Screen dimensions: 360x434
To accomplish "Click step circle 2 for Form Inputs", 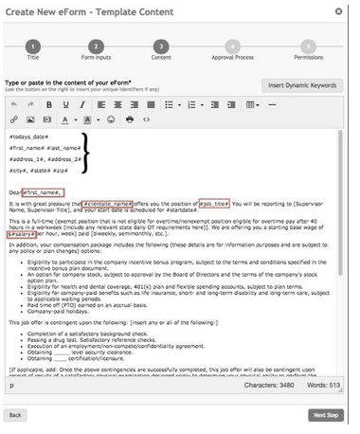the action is (95, 48).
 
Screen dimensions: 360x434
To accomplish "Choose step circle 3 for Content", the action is (160, 48).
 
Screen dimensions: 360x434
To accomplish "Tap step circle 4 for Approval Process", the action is (225, 48).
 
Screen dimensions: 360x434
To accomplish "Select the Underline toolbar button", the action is (82, 105).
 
